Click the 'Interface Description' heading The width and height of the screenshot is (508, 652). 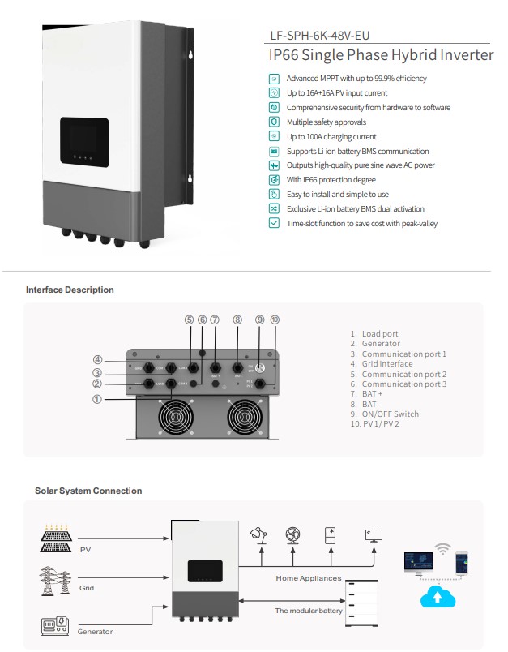coord(70,290)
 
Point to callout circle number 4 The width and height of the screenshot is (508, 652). coord(96,360)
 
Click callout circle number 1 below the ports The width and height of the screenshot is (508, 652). coord(96,399)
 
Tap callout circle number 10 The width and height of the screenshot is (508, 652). coord(275,320)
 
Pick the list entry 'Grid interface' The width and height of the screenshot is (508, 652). coord(387,364)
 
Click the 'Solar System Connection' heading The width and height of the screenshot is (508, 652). coord(88,491)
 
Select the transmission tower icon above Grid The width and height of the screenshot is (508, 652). coord(56,581)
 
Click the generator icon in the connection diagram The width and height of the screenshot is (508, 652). coord(55,626)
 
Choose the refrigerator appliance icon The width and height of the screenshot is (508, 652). coord(331,534)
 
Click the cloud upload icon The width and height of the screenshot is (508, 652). coord(438,597)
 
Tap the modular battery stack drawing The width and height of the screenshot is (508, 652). coord(366,601)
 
